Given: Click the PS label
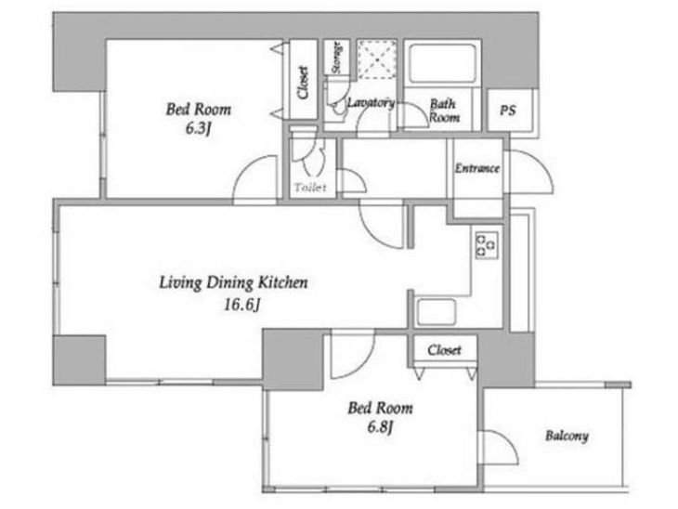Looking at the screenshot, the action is pos(508,111).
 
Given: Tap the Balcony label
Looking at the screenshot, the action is pos(567,436).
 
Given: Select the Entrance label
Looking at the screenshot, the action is pos(477,168).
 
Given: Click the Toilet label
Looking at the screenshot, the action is pos(310,188).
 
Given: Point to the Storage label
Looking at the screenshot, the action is pos(336,58).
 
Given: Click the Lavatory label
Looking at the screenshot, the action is pos(371,103).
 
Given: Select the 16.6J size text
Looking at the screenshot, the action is pos(241,305).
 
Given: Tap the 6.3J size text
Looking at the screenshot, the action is pos(198,128).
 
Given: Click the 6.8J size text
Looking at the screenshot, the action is pos(380,427).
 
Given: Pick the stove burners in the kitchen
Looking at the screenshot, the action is pos(487,245).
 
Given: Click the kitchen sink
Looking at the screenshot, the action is pos(436,312).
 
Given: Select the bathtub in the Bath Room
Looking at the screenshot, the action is pos(442,63).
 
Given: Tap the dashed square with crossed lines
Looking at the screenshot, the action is pos(377,59).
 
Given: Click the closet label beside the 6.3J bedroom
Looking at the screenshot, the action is pos(303,82).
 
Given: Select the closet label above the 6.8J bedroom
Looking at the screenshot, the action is pos(444,349).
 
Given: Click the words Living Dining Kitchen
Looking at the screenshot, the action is pos(233,282).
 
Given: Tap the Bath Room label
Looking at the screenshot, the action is pos(444,111).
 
